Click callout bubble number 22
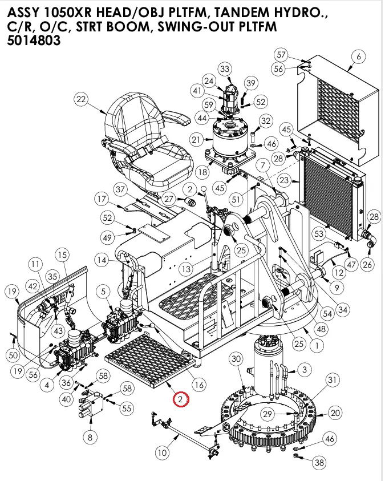pyautogui.click(x=81, y=99)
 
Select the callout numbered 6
pyautogui.click(x=358, y=56)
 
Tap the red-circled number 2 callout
pyautogui.click(x=180, y=399)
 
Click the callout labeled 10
pyautogui.click(x=163, y=453)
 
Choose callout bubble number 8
pyautogui.click(x=90, y=438)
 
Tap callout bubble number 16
pyautogui.click(x=198, y=385)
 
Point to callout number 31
pyautogui.click(x=331, y=380)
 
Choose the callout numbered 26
pyautogui.click(x=367, y=264)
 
